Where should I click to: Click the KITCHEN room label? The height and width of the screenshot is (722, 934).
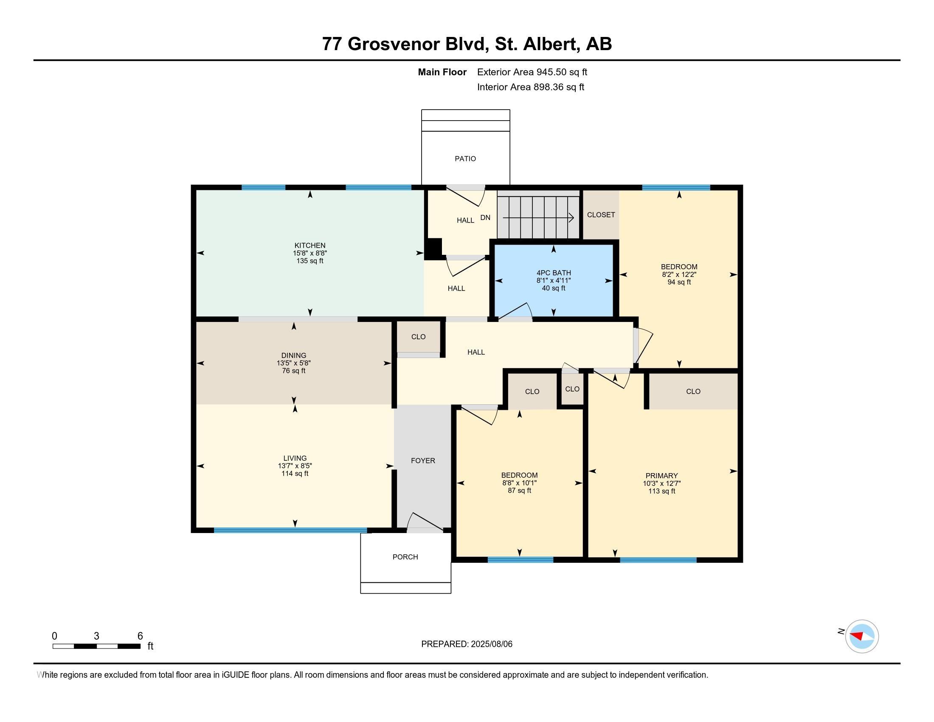(310, 245)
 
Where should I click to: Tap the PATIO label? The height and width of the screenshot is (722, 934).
(465, 159)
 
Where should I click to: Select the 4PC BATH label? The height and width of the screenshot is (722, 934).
(554, 273)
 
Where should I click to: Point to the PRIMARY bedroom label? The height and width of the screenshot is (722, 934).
(661, 476)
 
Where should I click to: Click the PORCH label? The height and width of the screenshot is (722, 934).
(405, 557)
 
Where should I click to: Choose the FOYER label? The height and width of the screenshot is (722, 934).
(423, 461)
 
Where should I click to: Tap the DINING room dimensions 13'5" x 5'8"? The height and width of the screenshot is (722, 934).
(294, 363)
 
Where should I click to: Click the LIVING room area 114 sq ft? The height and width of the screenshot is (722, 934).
(295, 474)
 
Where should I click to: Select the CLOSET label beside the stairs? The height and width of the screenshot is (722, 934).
(601, 215)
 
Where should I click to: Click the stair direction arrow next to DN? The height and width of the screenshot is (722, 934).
(538, 218)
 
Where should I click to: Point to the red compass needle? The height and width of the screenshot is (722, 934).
(857, 636)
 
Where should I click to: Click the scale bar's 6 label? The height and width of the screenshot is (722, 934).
(140, 636)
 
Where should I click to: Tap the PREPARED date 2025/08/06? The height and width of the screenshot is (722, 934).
(491, 644)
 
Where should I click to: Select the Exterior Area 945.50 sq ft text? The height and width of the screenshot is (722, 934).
(532, 72)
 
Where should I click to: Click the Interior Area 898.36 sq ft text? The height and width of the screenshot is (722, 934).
(531, 87)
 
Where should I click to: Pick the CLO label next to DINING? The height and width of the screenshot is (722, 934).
(418, 337)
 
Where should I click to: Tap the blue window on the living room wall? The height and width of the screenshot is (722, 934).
(290, 530)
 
